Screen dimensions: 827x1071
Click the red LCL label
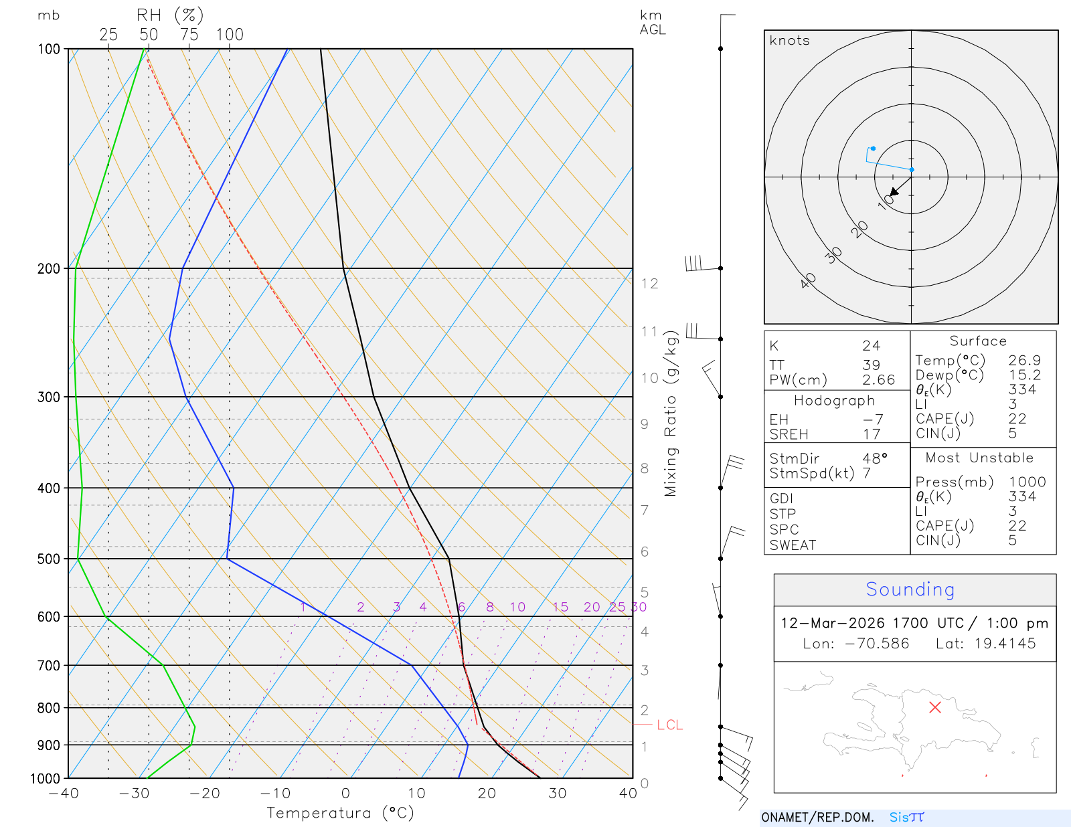coord(669,725)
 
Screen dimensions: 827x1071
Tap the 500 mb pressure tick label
coord(49,559)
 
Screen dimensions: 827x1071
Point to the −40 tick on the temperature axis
coord(64,794)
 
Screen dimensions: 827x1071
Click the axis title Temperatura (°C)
coord(340,813)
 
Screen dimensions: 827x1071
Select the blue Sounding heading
coord(910,589)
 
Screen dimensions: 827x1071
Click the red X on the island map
coord(935,707)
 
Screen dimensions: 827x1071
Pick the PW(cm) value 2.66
coord(878,380)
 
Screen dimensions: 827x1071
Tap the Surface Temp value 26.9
coord(1024,361)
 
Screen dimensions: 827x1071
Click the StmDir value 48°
coord(875,458)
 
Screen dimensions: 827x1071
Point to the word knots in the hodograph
coord(789,41)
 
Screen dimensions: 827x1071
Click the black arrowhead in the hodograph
coord(894,192)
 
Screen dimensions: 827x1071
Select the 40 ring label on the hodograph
coord(808,280)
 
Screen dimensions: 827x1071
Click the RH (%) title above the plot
coord(170,15)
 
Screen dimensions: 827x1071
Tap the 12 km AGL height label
coord(649,284)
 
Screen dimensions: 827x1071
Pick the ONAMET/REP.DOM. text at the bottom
coord(817,818)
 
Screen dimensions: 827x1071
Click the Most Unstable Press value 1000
coord(1027,482)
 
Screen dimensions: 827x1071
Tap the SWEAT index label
coord(793,545)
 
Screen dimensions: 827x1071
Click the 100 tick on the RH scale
coord(230,35)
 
